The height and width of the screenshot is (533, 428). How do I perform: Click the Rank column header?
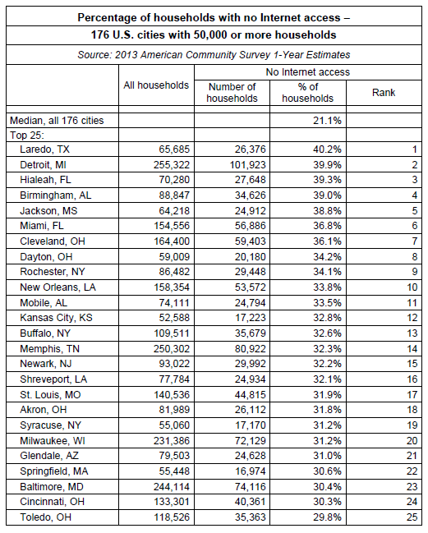coord(384,93)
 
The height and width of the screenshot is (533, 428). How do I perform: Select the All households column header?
coord(156,85)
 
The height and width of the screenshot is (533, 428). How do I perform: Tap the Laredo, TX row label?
coord(44,149)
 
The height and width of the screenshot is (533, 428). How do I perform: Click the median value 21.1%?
coord(327,121)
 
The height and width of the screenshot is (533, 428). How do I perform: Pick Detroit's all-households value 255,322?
coord(172,165)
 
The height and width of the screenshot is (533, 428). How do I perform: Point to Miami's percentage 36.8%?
coord(327,226)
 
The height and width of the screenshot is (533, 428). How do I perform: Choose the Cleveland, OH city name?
coord(53,241)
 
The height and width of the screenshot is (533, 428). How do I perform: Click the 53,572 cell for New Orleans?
coord(251,287)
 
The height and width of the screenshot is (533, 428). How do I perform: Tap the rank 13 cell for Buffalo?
coord(412,333)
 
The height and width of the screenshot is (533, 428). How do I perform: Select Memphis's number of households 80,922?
coord(251,349)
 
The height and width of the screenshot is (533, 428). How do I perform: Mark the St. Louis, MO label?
coord(50,395)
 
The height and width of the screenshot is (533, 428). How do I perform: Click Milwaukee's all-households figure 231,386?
coord(172,441)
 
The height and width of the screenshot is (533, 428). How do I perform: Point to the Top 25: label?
coord(27,136)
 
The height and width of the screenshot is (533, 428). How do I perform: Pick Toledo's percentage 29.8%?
coord(327,517)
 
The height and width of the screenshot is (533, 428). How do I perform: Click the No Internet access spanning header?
coord(308,72)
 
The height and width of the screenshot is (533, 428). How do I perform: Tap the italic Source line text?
coord(214,55)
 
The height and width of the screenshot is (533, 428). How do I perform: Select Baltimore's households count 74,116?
coord(251,487)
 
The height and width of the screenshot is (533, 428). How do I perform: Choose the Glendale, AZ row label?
coord(49,456)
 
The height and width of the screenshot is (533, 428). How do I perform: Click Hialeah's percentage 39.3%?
coord(327,180)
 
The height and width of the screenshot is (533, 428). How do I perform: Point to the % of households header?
coord(308,93)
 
